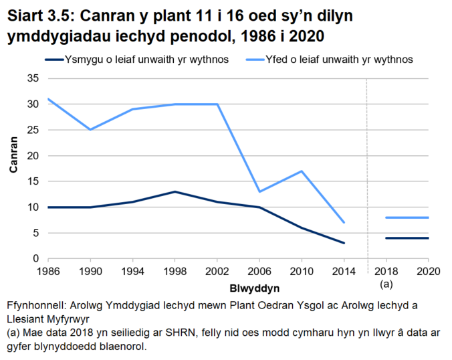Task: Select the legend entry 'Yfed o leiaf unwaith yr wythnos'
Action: pos(340,60)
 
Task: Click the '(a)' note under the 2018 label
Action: pos(386,284)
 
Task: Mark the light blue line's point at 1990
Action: pos(90,130)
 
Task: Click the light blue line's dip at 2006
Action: pos(259,191)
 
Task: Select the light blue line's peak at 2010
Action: pos(302,171)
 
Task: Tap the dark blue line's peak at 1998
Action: pos(175,191)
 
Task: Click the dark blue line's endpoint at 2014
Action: pos(344,243)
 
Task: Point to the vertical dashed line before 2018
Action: pos(367,167)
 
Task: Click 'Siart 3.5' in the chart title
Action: pos(35,14)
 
